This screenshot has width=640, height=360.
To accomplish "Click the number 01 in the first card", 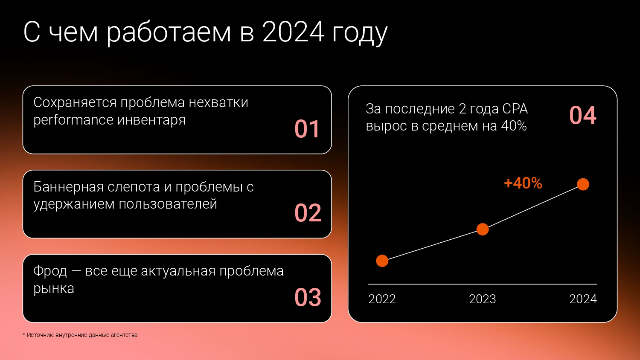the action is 307,129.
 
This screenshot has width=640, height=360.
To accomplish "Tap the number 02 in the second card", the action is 308,213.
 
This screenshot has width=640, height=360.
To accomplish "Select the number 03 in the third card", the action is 308,297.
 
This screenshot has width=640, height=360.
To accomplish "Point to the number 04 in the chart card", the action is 583,116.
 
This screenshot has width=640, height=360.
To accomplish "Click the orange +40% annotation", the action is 523,183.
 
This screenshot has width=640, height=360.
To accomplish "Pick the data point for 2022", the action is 382,261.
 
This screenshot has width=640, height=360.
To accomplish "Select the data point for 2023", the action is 483,229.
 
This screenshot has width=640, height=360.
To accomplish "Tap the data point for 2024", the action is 583,184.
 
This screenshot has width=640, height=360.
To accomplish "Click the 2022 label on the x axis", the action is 382,299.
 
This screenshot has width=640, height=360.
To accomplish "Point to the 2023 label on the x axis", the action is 482,299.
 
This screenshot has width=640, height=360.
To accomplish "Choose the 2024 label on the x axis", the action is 583,299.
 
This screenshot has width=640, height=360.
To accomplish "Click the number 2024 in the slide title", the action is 294,32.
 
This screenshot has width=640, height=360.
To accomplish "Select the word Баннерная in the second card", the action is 68,187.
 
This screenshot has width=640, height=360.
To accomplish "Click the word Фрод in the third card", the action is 50,271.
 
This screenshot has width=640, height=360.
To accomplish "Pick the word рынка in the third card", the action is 54,289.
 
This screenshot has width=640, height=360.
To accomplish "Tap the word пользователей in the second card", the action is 168,204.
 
